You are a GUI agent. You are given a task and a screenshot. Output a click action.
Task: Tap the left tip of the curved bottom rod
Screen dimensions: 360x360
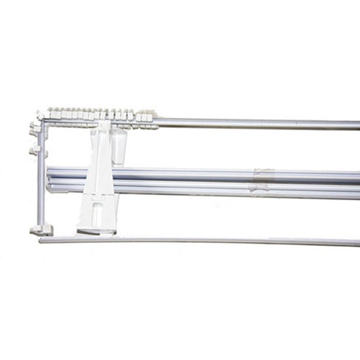pos(41,241)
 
